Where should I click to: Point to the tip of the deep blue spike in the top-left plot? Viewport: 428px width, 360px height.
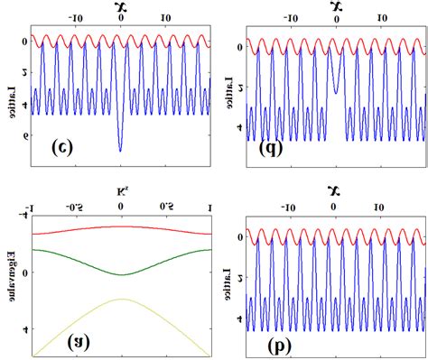[120, 150]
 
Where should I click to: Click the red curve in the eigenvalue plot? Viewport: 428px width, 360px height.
[120, 226]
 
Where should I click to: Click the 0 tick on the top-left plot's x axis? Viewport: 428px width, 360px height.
[120, 19]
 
